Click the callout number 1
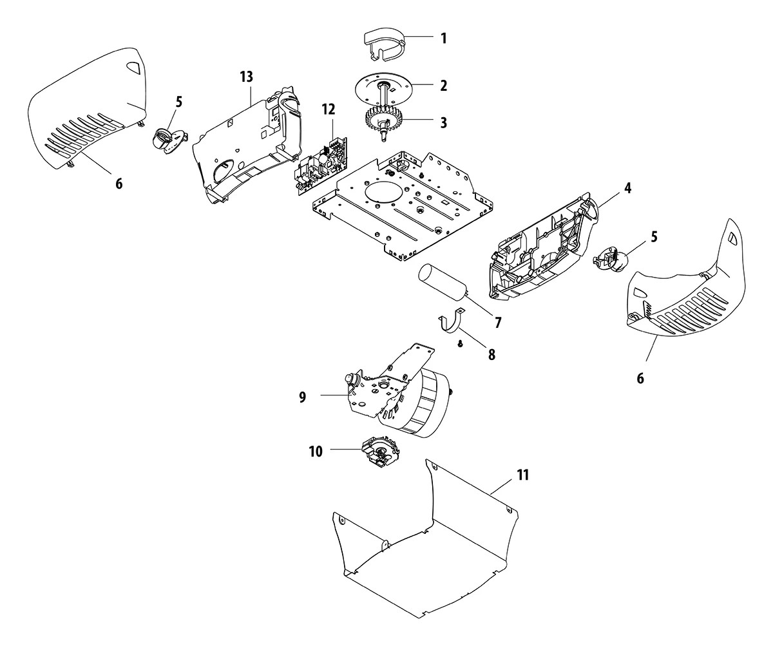coord(443,38)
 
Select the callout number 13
coord(246,77)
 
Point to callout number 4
coord(627,189)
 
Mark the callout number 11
coord(522,476)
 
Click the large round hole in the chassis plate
coord(383,193)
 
